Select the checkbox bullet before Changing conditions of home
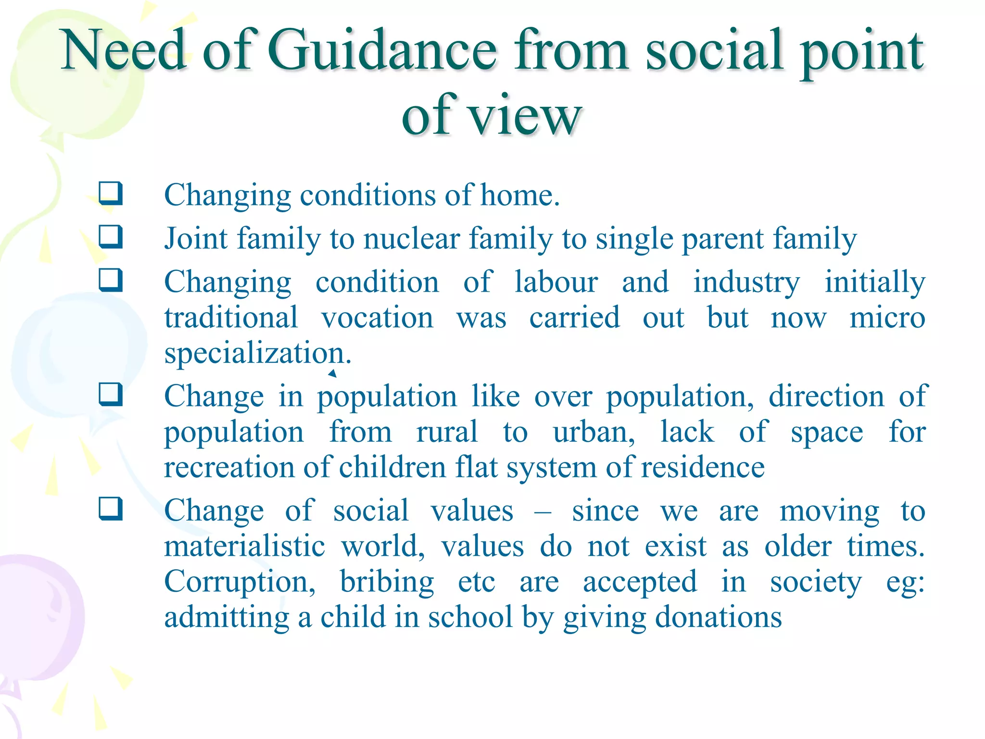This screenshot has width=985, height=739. (x=111, y=193)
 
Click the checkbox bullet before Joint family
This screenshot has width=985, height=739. (x=111, y=237)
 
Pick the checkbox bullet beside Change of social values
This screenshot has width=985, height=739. (x=111, y=509)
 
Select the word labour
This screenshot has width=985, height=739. (x=556, y=282)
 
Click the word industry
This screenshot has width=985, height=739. (x=746, y=283)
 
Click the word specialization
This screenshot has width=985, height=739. (x=254, y=354)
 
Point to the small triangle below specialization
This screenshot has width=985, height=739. (x=332, y=373)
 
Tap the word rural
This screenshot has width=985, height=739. (x=447, y=432)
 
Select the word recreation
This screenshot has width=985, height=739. (x=229, y=467)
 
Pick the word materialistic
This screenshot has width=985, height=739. (x=245, y=547)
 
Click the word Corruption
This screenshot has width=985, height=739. (x=240, y=582)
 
